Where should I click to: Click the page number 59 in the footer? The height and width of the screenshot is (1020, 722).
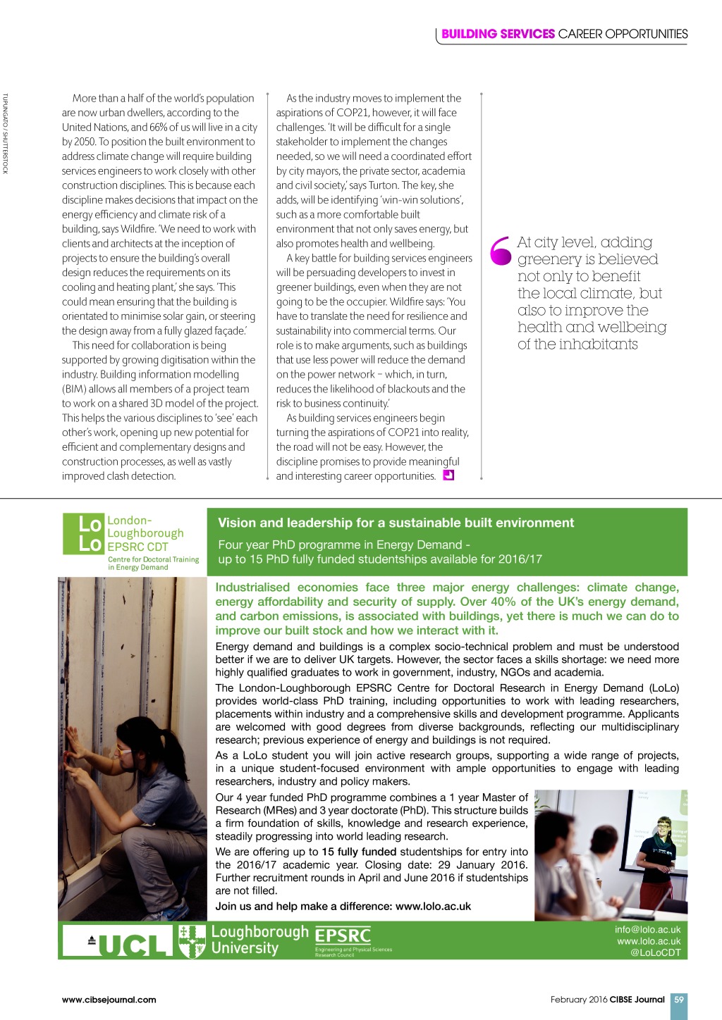[x=678, y=999]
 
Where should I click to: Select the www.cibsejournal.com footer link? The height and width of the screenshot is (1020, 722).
[x=109, y=999]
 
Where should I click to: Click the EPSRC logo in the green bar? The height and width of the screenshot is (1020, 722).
[x=343, y=937]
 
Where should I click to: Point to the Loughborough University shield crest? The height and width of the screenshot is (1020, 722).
[x=192, y=941]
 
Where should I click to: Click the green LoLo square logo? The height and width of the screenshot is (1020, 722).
[x=82, y=534]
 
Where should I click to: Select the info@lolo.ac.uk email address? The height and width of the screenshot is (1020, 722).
[x=647, y=929]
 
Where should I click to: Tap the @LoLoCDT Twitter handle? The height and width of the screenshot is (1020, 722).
[x=655, y=952]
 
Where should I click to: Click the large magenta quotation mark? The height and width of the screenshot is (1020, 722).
[x=500, y=251]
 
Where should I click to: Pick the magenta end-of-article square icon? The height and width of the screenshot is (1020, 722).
[x=448, y=475]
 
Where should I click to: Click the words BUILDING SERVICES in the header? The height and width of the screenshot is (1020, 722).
[x=498, y=34]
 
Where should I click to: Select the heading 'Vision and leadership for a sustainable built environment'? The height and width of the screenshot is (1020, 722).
[x=396, y=523]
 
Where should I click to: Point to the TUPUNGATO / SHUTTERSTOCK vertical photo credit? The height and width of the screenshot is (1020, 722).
[x=5, y=133]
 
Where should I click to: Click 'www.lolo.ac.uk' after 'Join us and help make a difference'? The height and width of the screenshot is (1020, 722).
[x=433, y=906]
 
